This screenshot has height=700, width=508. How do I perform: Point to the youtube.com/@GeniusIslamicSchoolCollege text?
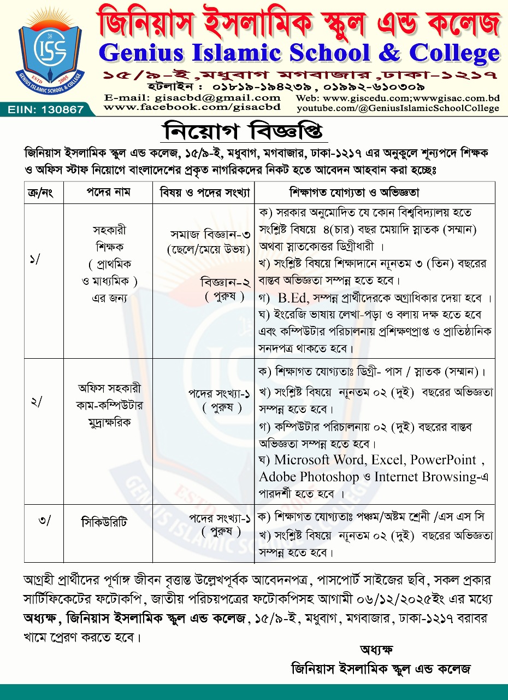(x=397, y=108)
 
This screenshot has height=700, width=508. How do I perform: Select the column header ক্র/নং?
(x=44, y=193)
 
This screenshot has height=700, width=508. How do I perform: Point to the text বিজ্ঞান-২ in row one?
(x=225, y=283)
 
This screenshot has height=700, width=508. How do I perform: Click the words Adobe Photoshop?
(x=309, y=477)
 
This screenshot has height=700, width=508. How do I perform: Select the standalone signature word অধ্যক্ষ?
(x=376, y=650)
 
